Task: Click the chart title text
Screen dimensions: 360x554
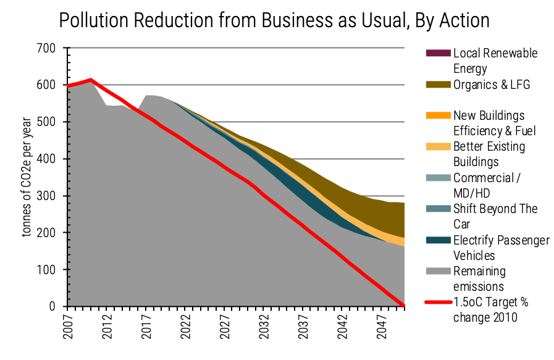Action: [x=274, y=20]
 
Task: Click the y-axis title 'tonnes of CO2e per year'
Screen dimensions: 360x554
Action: [x=27, y=177]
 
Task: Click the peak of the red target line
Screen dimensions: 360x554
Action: [x=91, y=80]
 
